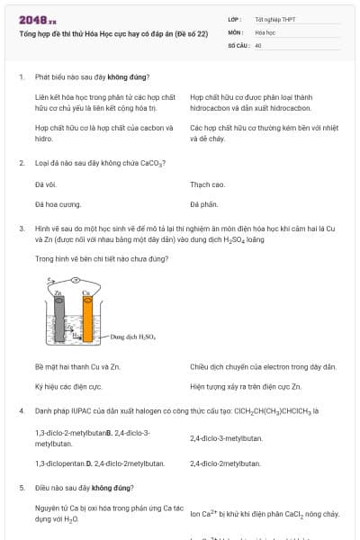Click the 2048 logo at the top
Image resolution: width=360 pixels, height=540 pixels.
point(37,19)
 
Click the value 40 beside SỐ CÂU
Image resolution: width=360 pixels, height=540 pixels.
point(258,44)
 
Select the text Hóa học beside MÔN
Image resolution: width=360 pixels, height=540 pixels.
point(265,31)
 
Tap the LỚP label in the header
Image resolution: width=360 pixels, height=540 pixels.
point(236,18)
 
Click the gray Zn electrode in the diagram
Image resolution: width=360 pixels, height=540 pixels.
point(57,319)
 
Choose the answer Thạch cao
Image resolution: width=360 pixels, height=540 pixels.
point(206,184)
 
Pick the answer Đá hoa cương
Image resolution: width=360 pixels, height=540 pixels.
point(58,204)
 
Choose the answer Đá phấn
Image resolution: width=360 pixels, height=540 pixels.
point(204,204)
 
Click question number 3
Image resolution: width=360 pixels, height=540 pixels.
point(21,229)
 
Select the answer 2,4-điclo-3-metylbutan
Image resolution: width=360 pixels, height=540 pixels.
point(226,437)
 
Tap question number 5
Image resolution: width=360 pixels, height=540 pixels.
point(21,487)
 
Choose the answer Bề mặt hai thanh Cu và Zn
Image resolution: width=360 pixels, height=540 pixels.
point(77,366)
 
